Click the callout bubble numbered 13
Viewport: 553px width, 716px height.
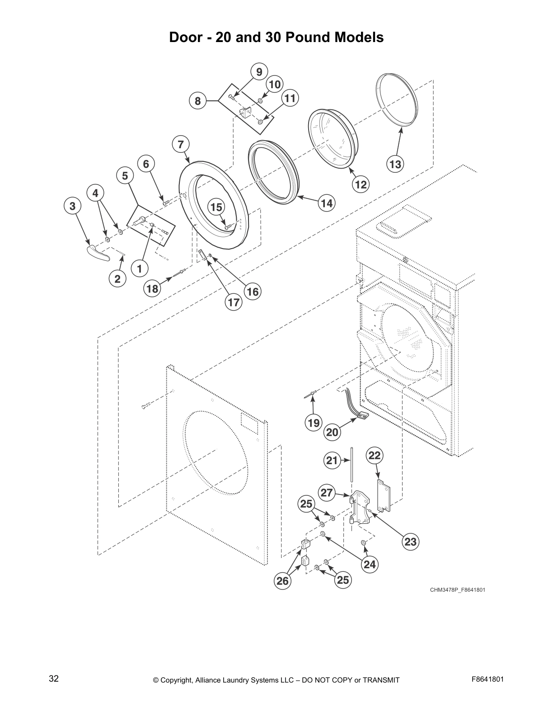[x=395, y=164]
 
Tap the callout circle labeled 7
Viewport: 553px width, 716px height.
[x=181, y=144]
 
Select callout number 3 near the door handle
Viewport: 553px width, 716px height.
[x=72, y=207]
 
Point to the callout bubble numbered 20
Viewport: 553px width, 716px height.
[x=332, y=432]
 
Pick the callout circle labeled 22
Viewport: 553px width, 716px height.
[x=375, y=455]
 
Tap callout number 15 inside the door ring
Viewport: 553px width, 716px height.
[x=216, y=207]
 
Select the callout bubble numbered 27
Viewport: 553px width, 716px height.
[x=327, y=493]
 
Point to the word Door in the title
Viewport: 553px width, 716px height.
[x=183, y=37]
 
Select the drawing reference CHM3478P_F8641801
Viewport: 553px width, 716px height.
[x=458, y=590]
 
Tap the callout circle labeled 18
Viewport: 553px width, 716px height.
[x=152, y=288]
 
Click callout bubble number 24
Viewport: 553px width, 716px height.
[x=369, y=564]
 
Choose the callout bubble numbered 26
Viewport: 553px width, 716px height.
[x=283, y=580]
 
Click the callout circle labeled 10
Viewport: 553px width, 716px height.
[x=275, y=84]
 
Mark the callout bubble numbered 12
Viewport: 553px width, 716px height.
[x=361, y=184]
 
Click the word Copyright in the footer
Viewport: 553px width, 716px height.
[x=178, y=680]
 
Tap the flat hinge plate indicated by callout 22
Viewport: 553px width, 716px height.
[x=383, y=496]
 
